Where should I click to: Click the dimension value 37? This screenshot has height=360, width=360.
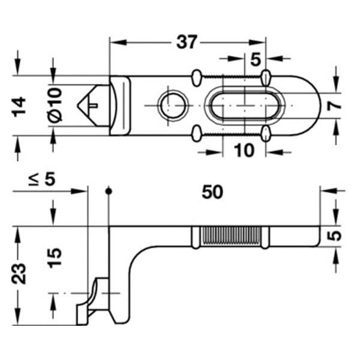(x=187, y=43)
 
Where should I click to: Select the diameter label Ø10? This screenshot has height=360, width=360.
(x=55, y=106)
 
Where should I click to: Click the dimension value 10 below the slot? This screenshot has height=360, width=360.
(x=244, y=150)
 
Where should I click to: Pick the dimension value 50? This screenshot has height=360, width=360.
(x=212, y=192)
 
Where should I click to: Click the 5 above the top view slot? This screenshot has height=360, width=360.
(x=254, y=59)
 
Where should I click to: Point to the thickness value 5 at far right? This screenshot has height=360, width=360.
(x=337, y=236)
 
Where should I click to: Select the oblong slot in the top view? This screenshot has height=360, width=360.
(x=244, y=106)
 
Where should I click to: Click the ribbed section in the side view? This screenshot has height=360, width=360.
(x=231, y=236)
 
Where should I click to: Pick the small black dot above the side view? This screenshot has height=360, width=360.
(x=109, y=191)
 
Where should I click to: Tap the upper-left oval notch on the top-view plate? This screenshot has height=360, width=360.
(x=197, y=77)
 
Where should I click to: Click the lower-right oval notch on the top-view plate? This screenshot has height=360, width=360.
(x=265, y=133)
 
